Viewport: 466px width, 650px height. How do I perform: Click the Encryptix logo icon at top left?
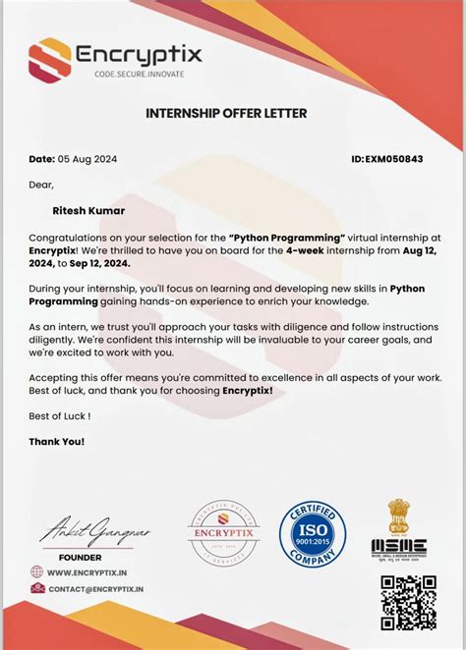(x=49, y=58)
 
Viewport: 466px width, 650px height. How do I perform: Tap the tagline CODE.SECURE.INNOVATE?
(x=139, y=75)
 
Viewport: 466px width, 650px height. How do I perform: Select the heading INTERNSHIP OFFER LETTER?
(x=226, y=114)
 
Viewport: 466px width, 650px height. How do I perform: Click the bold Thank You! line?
(x=57, y=442)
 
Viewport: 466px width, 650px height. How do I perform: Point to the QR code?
(x=408, y=603)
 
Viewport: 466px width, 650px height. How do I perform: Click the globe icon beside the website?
(x=37, y=571)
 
